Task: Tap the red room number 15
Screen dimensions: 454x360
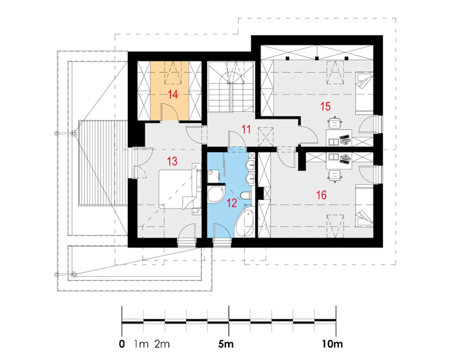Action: tap(325, 106)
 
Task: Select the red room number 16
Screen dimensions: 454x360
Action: tap(321, 195)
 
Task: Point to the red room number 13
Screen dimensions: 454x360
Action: tap(172, 162)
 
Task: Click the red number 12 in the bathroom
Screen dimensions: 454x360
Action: tap(232, 203)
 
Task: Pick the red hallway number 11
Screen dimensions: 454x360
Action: tap(246, 129)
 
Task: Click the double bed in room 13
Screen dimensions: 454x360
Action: tap(180, 188)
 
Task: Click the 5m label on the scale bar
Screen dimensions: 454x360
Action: tap(226, 344)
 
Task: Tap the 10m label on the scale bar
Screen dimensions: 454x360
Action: tap(332, 344)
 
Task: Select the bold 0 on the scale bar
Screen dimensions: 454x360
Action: tap(122, 344)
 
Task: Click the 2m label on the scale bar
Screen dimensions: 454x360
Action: tap(162, 344)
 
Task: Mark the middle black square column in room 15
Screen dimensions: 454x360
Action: tap(317, 58)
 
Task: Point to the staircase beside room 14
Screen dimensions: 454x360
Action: tap(231, 86)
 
